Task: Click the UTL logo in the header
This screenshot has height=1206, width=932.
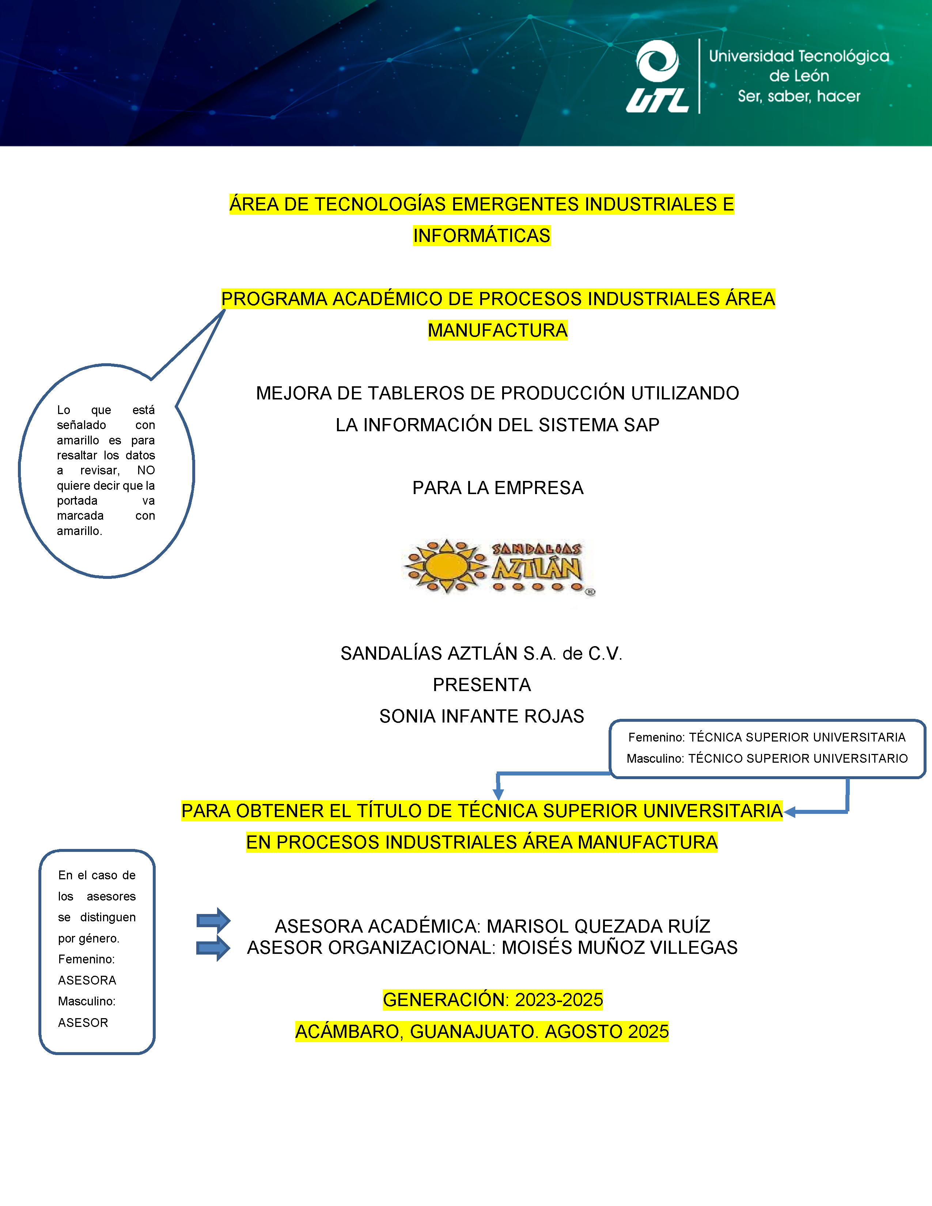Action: coord(657,76)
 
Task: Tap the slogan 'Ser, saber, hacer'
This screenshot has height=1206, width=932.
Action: coord(799,96)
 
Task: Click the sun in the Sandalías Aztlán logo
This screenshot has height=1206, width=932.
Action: coord(447,566)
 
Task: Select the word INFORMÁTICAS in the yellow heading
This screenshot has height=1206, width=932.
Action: coord(481,236)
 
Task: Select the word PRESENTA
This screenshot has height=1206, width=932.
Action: coord(481,685)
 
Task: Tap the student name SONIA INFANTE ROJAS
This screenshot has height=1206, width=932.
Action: coord(481,716)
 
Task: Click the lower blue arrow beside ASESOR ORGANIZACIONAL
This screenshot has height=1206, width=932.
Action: coord(214,948)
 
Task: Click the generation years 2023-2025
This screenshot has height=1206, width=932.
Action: coord(559,1000)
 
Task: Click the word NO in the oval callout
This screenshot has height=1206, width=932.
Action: coord(146,470)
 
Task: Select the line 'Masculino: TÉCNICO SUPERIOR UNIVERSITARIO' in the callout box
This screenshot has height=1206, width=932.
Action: coord(767,759)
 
